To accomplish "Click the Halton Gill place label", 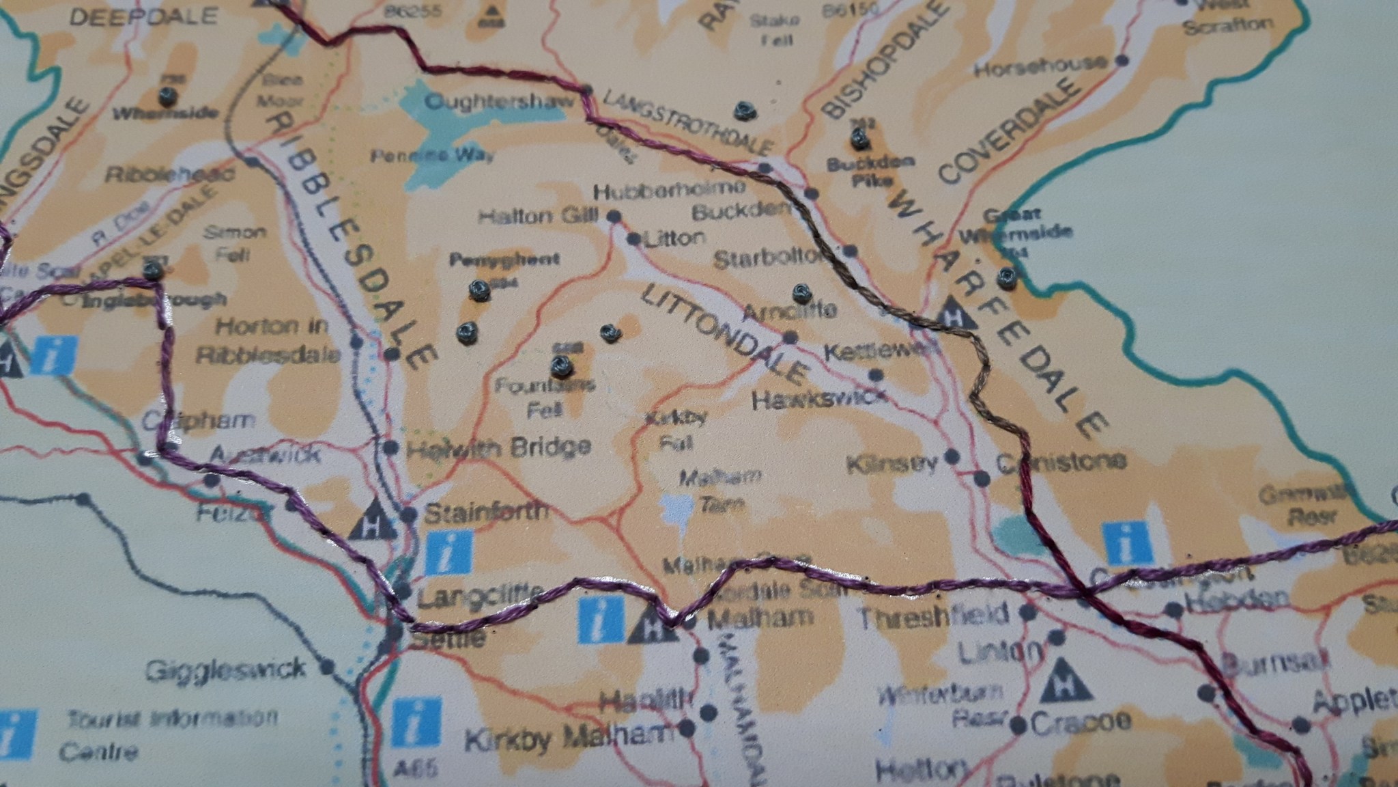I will click(537, 217).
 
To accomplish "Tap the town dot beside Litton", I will click(633, 240).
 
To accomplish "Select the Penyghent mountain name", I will click(504, 260).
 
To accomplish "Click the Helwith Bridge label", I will click(498, 447).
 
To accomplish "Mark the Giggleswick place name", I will click(225, 667).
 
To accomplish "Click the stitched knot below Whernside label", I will click(166, 95).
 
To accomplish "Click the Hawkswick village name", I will click(819, 398).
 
